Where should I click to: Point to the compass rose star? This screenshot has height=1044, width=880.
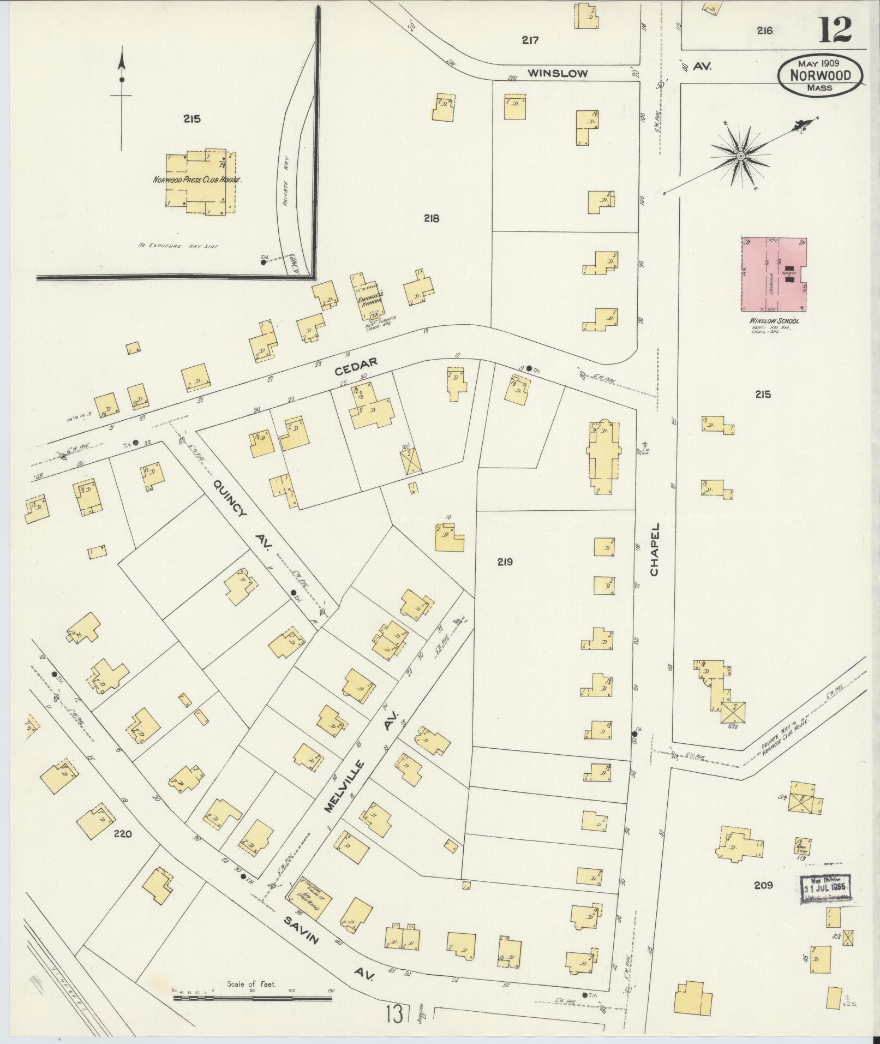click(740, 157)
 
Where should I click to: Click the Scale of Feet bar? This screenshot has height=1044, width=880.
click(252, 999)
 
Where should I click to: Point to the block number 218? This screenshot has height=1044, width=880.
click(431, 218)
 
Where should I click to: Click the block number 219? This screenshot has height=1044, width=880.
click(505, 562)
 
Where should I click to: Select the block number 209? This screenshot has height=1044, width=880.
click(763, 885)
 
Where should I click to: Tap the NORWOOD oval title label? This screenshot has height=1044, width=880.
click(820, 76)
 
